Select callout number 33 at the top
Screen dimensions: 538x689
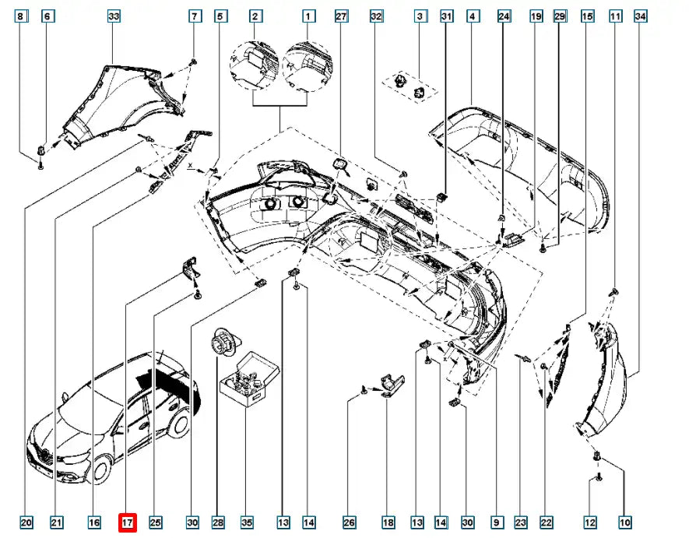coord(114,16)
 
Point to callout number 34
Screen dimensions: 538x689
coord(642,16)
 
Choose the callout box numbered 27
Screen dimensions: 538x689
coord(340,16)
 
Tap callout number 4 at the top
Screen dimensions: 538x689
coord(472,16)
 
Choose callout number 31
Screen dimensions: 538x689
coord(446,16)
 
